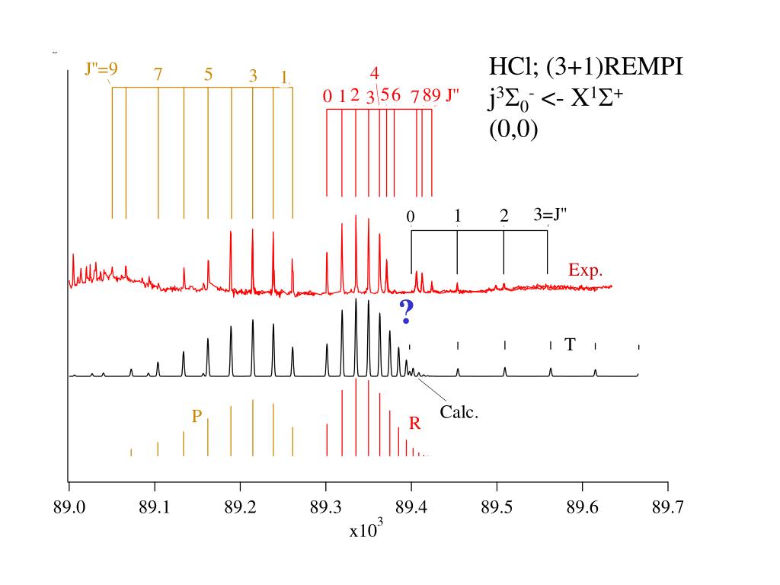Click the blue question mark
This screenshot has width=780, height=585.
406,312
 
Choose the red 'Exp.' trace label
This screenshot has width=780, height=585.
586,270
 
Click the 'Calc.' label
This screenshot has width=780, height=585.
459,414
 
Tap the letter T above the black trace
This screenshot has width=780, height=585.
569,345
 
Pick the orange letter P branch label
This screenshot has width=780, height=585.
197,416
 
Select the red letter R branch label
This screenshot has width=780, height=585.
415,424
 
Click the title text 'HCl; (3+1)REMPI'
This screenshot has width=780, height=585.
585,68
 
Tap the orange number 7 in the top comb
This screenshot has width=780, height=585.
158,75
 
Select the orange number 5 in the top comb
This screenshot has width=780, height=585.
208,75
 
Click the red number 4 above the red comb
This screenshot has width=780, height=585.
375,74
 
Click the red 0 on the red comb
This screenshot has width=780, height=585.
328,96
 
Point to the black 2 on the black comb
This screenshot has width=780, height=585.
504,216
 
